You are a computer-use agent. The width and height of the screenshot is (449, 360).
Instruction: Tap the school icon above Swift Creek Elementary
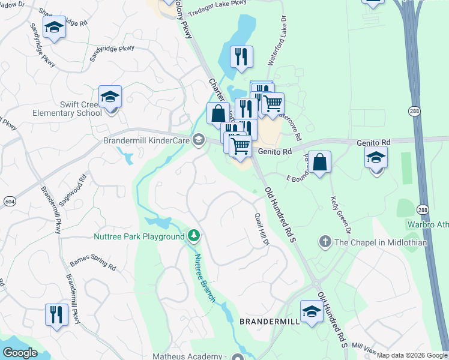(110, 97)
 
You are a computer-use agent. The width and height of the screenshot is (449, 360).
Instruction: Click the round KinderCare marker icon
(198, 140)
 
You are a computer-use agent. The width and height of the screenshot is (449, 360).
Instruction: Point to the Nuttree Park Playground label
(139, 236)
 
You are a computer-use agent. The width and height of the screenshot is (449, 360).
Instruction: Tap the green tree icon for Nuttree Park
(193, 236)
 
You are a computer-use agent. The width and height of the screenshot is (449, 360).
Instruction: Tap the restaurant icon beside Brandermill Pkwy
(56, 314)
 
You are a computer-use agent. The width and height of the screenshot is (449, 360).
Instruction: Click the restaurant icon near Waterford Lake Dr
(241, 57)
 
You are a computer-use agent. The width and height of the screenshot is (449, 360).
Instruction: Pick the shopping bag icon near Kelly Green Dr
(321, 162)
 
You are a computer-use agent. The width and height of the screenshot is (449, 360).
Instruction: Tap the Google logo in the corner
(20, 353)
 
